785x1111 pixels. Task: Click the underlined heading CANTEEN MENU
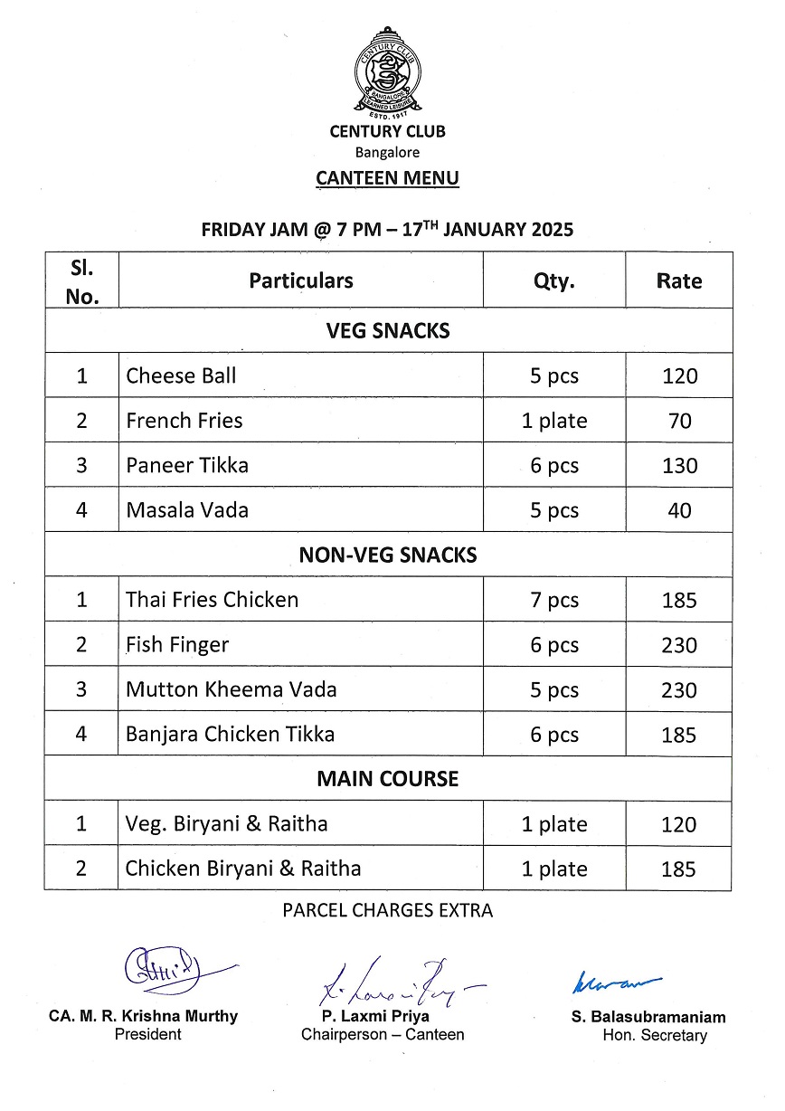[387, 178]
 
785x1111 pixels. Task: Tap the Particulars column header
[301, 280]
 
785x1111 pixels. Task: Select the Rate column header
[678, 281]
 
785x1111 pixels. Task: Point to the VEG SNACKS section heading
[387, 331]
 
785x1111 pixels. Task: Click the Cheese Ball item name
[181, 375]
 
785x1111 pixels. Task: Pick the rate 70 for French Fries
[679, 421]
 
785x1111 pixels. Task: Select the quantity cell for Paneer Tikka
[553, 466]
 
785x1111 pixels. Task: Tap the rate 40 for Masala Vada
[679, 510]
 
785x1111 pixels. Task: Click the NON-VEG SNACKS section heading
[387, 555]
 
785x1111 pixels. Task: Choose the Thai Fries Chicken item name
[212, 600]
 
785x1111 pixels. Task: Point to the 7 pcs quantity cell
[553, 600]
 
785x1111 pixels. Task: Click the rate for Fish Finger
[679, 645]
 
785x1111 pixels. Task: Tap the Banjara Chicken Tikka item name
[230, 734]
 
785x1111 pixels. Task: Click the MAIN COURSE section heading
[387, 779]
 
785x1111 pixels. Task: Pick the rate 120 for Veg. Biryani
[679, 824]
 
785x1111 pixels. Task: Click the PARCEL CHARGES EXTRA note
[387, 910]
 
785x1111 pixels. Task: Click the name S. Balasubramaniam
[648, 1017]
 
